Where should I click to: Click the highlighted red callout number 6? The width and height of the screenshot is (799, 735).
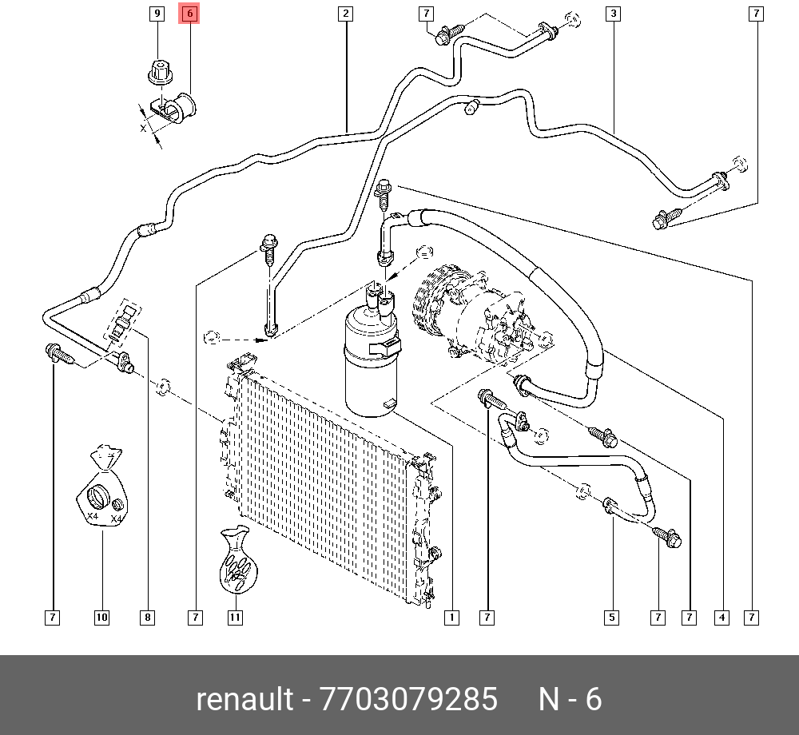[x=189, y=14]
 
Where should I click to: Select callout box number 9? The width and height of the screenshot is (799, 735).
[x=157, y=14]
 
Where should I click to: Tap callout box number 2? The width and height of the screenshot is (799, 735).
[x=345, y=14]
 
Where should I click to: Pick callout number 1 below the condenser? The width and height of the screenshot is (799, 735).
[x=451, y=617]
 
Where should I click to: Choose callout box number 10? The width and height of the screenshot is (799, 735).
[x=101, y=617]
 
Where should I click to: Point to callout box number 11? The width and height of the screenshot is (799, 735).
[x=235, y=617]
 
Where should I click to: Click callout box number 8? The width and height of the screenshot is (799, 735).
[x=147, y=617]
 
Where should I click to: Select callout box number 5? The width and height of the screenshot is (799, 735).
[x=611, y=617]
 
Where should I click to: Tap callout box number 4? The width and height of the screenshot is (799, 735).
[x=722, y=617]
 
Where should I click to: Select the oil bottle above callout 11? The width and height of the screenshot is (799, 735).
[x=237, y=563]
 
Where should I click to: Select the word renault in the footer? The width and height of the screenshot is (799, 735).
[x=244, y=699]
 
